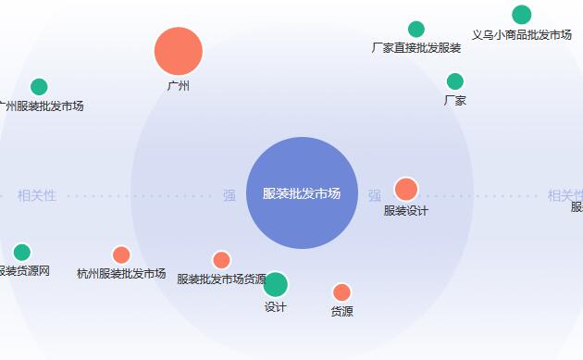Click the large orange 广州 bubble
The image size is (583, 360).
[179, 51]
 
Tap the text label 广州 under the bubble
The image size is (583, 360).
[179, 86]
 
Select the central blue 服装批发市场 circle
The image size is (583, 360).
[302, 193]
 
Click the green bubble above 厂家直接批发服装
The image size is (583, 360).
[416, 30]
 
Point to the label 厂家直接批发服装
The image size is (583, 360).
[416, 48]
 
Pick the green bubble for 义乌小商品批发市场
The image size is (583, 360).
[522, 15]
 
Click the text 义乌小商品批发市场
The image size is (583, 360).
[521, 35]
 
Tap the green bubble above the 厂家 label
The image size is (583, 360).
[455, 81]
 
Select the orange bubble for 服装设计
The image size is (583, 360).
[406, 189]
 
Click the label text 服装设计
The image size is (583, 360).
[406, 210]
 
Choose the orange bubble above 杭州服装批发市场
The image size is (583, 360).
[121, 254]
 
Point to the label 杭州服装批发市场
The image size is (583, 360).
[121, 274]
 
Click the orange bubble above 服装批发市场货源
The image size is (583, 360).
[221, 260]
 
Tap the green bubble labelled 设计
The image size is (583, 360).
[275, 285]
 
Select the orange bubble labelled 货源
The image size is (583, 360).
[341, 292]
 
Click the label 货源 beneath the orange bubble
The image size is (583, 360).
[341, 312]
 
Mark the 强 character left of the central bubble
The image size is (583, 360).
[229, 195]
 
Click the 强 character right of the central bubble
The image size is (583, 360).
[375, 195]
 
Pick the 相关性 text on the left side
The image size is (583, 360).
[37, 195]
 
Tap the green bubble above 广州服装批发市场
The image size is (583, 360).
[39, 87]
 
